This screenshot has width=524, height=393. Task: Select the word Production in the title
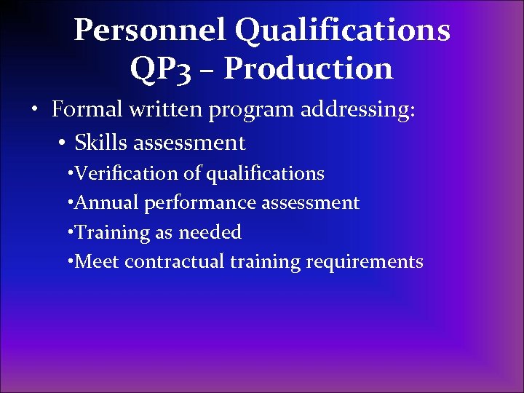point(309,68)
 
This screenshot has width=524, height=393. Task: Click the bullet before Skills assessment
point(61,143)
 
